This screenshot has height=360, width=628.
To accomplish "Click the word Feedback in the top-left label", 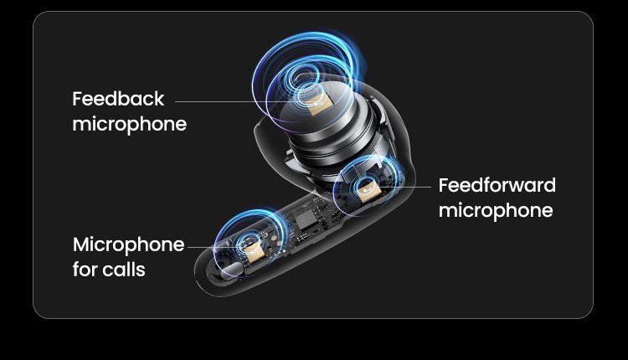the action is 118,99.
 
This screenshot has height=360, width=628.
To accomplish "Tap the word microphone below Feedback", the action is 129,125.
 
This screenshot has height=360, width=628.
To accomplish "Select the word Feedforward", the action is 497,185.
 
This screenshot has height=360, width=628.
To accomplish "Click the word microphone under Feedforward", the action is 496,211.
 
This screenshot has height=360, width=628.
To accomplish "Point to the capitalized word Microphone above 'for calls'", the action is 129,245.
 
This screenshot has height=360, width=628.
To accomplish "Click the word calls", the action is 123,270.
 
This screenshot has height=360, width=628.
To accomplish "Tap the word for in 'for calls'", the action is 85,270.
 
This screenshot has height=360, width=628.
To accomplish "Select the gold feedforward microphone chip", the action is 369,189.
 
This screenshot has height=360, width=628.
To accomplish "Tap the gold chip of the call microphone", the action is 252,251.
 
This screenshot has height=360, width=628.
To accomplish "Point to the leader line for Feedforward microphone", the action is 404,187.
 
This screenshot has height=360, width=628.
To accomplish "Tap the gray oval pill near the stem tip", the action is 232,270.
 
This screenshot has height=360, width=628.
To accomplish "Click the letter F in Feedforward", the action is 444,185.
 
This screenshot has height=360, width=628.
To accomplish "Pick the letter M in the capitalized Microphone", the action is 82,244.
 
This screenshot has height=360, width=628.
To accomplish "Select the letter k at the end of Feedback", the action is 159,99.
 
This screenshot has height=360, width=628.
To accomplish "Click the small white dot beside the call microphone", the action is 284,251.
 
